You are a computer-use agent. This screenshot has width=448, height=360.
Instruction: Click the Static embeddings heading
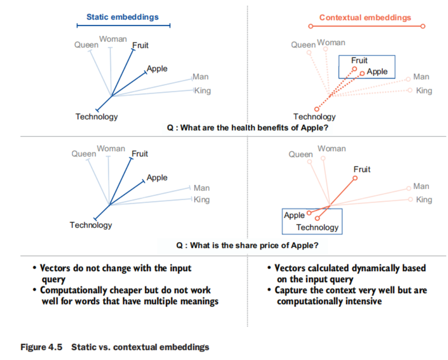click(123, 17)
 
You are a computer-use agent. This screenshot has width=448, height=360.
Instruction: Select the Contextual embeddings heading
click(365, 18)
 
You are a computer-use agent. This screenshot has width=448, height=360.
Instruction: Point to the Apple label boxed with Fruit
click(377, 72)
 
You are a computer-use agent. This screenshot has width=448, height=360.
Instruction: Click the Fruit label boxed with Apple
click(359, 60)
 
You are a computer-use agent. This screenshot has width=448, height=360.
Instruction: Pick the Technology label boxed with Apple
click(317, 227)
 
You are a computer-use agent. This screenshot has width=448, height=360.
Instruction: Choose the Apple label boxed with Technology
click(294, 215)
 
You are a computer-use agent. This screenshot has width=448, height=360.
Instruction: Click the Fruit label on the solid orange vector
click(362, 169)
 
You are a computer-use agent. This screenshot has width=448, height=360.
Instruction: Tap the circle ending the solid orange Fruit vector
click(355, 178)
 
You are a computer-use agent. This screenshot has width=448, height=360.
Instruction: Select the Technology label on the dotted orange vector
click(315, 117)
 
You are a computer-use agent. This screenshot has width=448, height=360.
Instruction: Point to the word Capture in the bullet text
click(290, 290)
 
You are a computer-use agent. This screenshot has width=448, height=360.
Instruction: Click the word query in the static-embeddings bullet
click(53, 280)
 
